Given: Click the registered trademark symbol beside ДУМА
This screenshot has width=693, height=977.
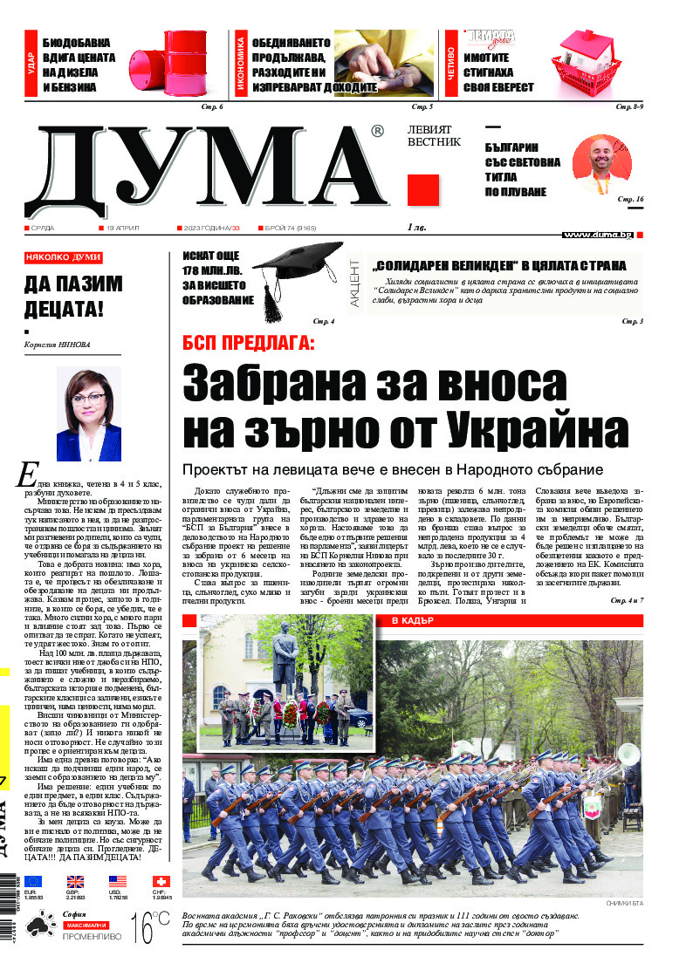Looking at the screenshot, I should (x=377, y=132).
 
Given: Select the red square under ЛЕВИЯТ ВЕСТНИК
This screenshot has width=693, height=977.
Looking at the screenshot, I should (x=422, y=189).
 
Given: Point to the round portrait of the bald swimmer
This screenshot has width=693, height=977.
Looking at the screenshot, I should (x=601, y=166).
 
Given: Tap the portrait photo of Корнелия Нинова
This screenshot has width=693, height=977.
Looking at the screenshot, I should (x=88, y=413).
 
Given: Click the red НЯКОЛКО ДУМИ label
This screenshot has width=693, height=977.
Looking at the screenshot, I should (x=64, y=258).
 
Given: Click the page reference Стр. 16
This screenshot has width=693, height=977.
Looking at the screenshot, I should (x=629, y=200).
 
